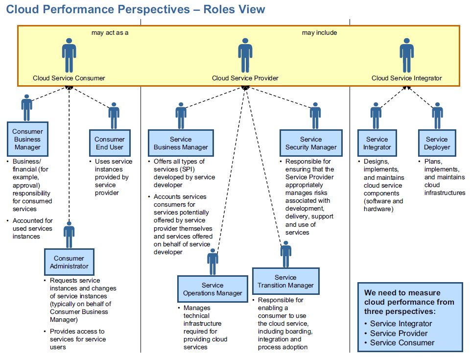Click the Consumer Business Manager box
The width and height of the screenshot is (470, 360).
click(27, 139)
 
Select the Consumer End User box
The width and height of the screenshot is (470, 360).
click(110, 143)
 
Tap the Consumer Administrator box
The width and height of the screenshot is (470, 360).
click(69, 262)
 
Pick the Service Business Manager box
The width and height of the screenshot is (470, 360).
click(181, 143)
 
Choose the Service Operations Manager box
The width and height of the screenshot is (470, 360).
click(212, 289)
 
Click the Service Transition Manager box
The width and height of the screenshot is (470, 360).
click(285, 281)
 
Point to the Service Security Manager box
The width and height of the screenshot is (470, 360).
click(311, 143)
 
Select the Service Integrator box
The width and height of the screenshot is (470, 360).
click(377, 143)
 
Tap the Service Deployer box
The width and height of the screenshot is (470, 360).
click(437, 143)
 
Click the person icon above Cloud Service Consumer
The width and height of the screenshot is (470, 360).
click(69, 55)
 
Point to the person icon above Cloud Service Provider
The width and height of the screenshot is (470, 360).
click(245, 55)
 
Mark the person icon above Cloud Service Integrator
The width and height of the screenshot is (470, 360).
click(407, 55)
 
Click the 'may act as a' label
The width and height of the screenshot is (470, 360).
click(110, 33)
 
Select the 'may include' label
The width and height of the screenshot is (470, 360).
click(320, 33)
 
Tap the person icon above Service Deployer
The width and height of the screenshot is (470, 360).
click(437, 116)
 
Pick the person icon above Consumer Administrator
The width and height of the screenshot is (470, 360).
click(69, 235)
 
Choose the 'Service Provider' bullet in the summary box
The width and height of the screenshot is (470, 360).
click(399, 333)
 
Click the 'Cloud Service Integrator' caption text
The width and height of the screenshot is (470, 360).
click(407, 78)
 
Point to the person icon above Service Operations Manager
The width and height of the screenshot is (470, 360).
click(212, 262)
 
